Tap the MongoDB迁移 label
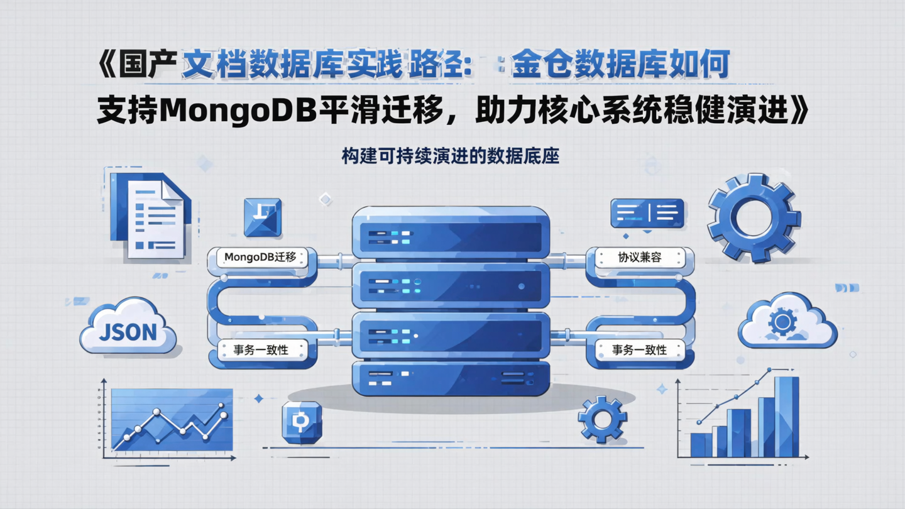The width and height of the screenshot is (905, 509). [x=260, y=257]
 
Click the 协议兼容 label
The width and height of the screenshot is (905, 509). [x=640, y=257]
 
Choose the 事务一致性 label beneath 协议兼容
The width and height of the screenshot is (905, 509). [x=639, y=349]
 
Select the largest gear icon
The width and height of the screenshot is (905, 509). [x=754, y=218]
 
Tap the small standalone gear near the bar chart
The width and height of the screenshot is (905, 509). [x=602, y=419]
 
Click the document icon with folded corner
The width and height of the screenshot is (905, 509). [x=151, y=217]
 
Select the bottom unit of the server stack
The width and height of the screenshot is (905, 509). [x=450, y=378]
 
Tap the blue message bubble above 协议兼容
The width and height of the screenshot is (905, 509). [x=647, y=212]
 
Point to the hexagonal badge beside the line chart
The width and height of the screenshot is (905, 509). [x=302, y=422]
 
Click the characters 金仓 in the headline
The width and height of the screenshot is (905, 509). [x=542, y=65]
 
